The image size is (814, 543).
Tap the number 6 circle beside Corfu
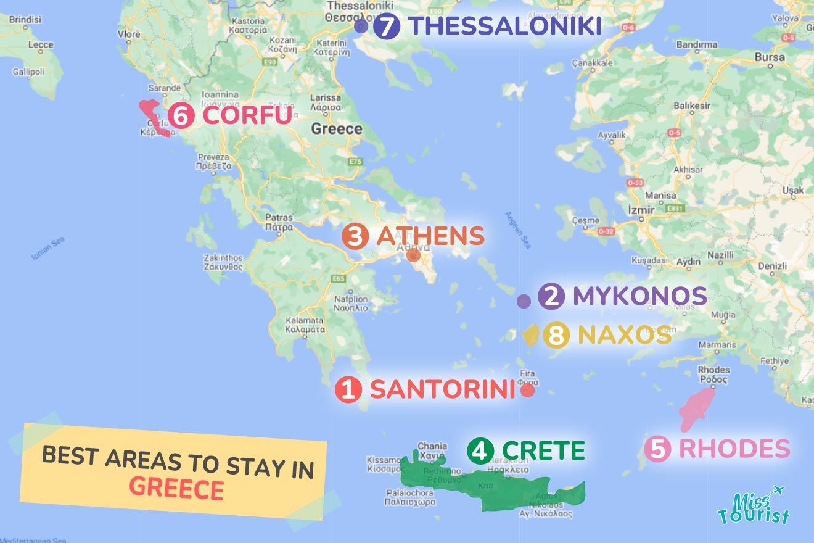tap(181, 115)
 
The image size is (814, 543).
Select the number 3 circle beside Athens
tap(355, 236)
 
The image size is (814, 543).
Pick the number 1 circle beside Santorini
tap(348, 390)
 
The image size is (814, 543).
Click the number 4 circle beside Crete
tap(480, 450)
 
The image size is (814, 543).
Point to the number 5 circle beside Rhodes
tap(657, 449)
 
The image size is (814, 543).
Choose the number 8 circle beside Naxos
tap(556, 336)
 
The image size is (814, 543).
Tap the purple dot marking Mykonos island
tap(524, 301)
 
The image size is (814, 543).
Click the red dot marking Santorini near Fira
tap(527, 390)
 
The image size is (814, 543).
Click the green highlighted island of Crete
tap(493, 487)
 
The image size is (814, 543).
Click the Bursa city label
tap(770, 58)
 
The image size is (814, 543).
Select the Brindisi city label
tap(25, 20)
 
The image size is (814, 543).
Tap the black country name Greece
tap(336, 129)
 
